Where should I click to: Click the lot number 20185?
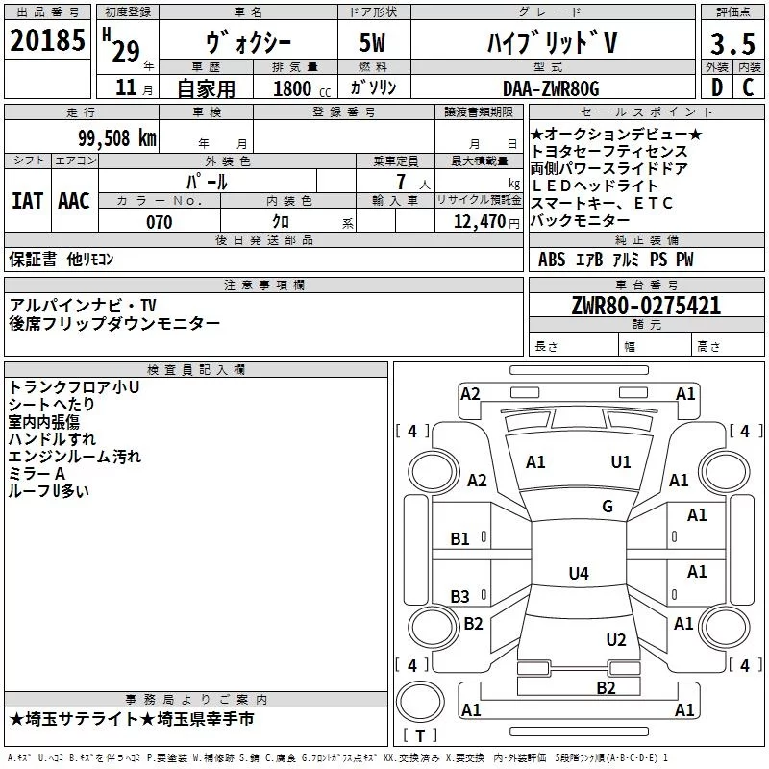click(x=47, y=40)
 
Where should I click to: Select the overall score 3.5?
click(x=732, y=43)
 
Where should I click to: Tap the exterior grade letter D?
click(x=717, y=87)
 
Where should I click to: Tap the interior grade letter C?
click(x=748, y=87)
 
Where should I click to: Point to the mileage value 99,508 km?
click(x=117, y=138)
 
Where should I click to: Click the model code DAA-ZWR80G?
click(x=551, y=88)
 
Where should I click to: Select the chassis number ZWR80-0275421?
click(x=646, y=306)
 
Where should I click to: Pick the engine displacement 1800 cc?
click(x=302, y=88)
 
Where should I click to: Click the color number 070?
click(x=160, y=222)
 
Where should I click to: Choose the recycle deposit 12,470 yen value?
click(x=486, y=222)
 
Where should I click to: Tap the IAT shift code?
click(x=28, y=201)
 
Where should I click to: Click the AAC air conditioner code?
click(x=74, y=201)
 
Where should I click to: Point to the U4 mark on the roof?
click(x=579, y=573)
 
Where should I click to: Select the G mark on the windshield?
click(x=608, y=506)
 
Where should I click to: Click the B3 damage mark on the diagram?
click(x=460, y=596)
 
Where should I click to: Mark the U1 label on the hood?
click(x=620, y=462)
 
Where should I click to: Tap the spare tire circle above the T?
click(x=420, y=702)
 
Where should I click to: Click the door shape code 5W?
click(x=372, y=42)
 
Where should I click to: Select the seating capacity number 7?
click(x=401, y=182)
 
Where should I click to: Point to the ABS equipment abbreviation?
click(x=551, y=260)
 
